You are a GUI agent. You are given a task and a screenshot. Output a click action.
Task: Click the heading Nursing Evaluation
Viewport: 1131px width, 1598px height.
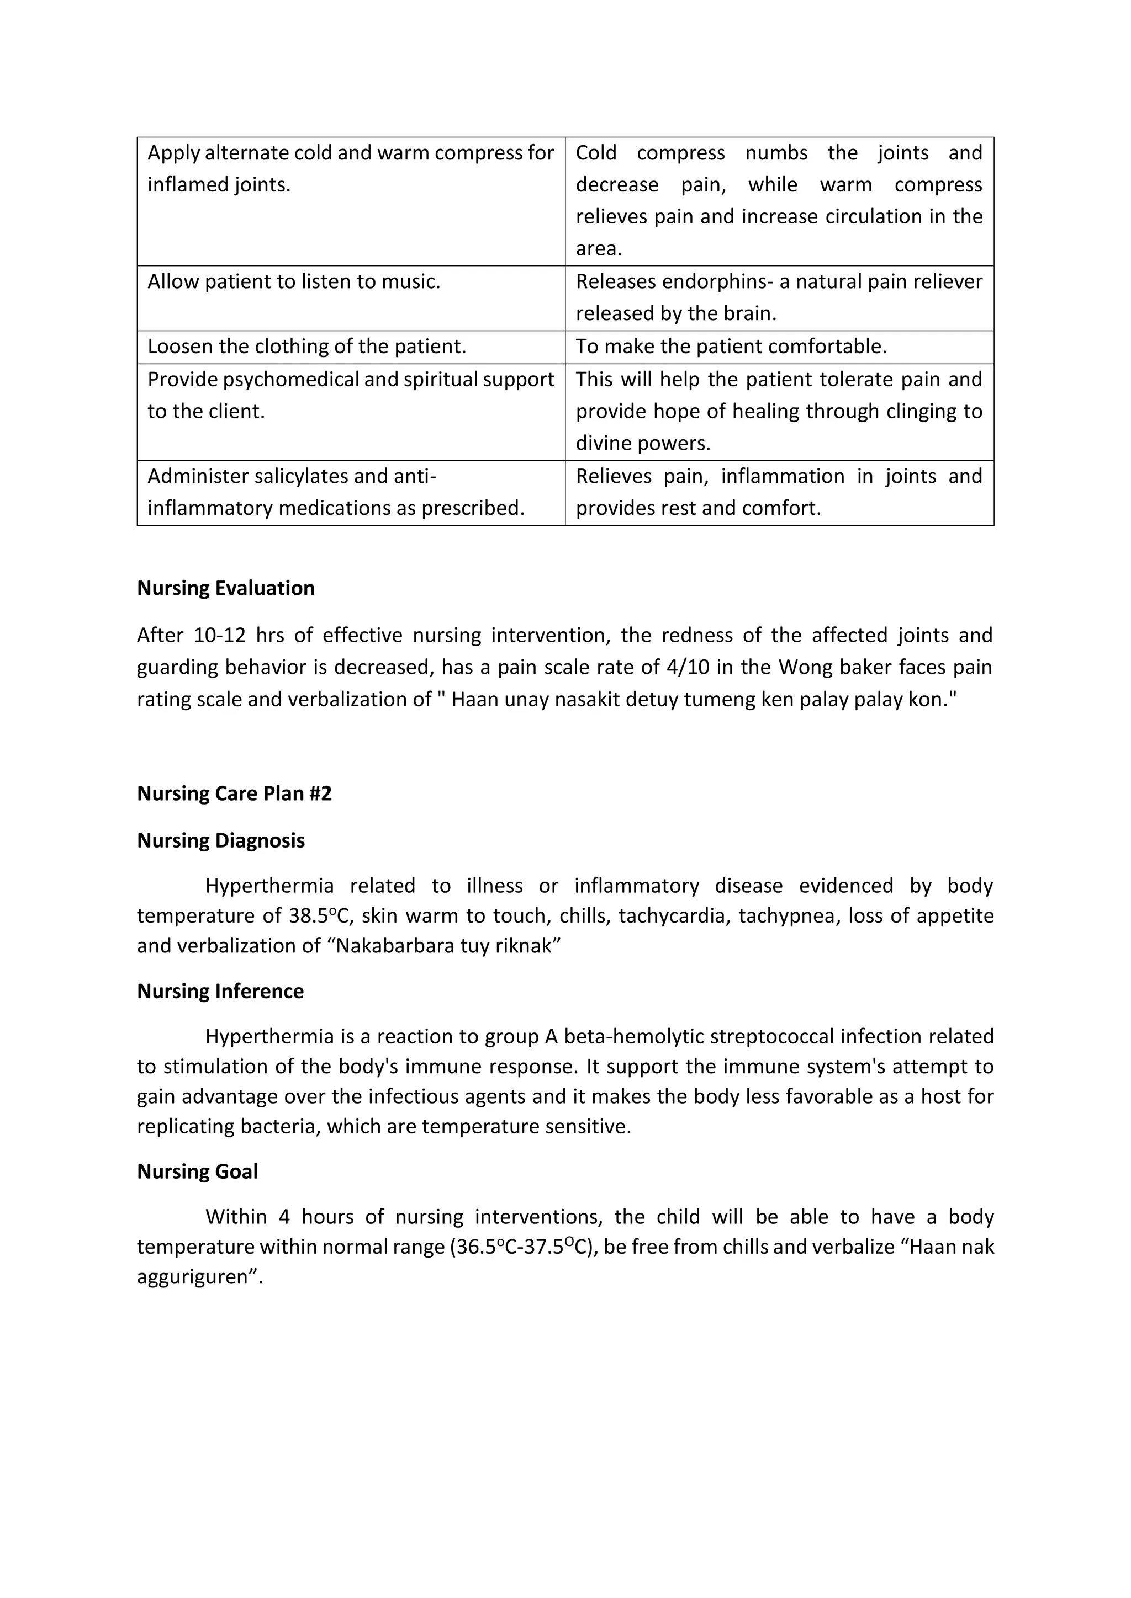pos(226,588)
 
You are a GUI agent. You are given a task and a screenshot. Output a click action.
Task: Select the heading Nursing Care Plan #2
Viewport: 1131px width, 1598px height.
pos(234,793)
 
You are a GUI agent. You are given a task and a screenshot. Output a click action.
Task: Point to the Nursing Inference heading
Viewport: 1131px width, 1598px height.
pos(220,991)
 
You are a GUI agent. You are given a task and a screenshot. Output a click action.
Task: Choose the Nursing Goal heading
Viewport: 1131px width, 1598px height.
pos(197,1171)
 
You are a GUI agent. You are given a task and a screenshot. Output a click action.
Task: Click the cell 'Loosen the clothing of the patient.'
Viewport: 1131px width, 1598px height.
pos(306,347)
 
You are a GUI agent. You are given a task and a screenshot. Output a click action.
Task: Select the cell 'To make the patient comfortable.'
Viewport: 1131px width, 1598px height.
pos(731,347)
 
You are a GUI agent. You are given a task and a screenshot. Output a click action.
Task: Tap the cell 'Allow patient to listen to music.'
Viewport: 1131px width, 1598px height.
pos(294,282)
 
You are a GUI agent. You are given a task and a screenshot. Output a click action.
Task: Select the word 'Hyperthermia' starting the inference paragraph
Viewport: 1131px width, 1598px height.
pos(269,1037)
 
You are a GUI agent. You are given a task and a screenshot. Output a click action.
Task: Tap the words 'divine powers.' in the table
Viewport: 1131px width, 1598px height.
pos(643,443)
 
